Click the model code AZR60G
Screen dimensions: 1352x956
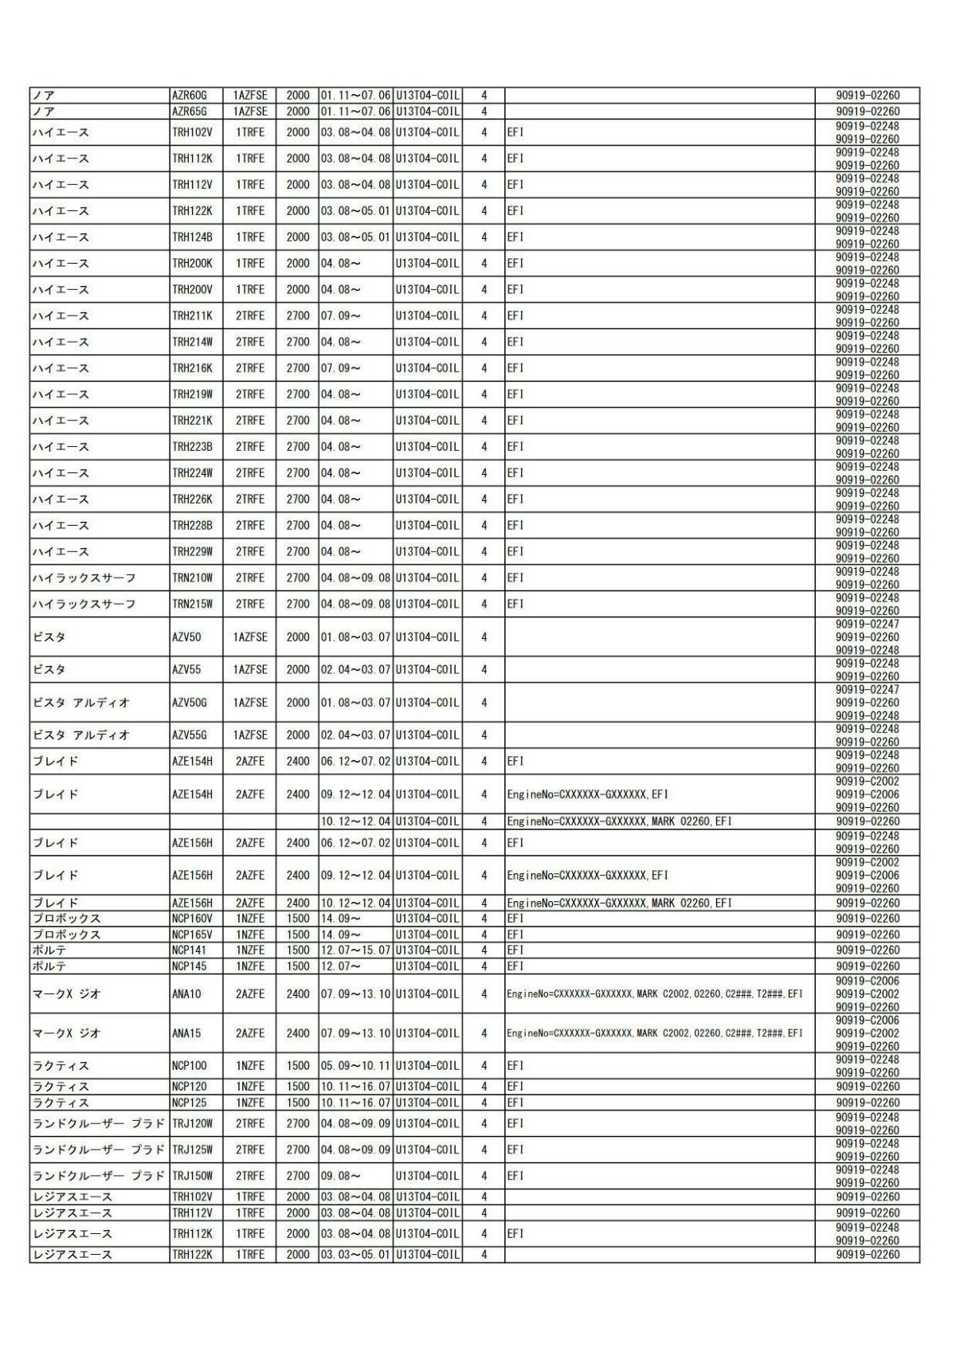pyautogui.click(x=189, y=96)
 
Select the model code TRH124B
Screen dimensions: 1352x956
pyautogui.click(x=192, y=237)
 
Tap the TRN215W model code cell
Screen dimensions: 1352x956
pyautogui.click(x=192, y=604)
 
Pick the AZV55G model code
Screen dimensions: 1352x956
pyautogui.click(x=189, y=735)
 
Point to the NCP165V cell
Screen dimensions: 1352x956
pyautogui.click(x=192, y=935)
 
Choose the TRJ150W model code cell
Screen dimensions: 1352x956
pyautogui.click(x=192, y=1176)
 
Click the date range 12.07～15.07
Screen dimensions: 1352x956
pyautogui.click(x=355, y=950)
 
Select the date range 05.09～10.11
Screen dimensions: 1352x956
pyautogui.click(x=355, y=1066)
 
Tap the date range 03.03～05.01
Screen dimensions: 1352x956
pyautogui.click(x=355, y=1255)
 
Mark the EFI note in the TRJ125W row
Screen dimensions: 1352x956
pyautogui.click(x=515, y=1150)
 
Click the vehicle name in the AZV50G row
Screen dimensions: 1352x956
pyautogui.click(x=80, y=703)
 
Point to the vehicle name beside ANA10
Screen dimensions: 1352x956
pyautogui.click(x=67, y=994)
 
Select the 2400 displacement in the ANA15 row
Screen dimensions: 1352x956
pyautogui.click(x=298, y=1033)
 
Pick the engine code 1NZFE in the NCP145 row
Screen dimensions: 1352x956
pyautogui.click(x=250, y=966)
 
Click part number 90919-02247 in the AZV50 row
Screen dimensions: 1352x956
pyautogui.click(x=867, y=624)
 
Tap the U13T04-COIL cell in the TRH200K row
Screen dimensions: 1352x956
pyautogui.click(x=427, y=264)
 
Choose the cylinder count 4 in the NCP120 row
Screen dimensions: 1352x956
pyautogui.click(x=484, y=1087)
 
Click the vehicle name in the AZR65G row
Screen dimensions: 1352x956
pyautogui.click(x=44, y=112)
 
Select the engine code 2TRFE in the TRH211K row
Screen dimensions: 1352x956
pyautogui.click(x=250, y=316)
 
